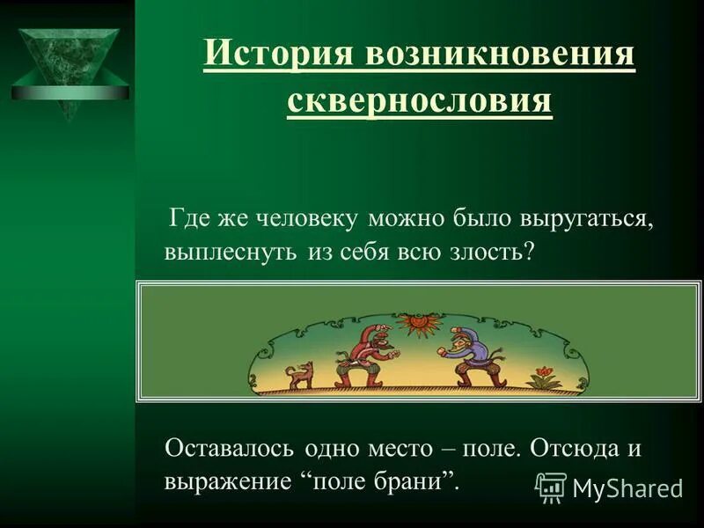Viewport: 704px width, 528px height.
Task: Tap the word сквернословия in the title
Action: pyautogui.click(x=420, y=101)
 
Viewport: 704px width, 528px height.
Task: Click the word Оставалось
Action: pyautogui.click(x=231, y=448)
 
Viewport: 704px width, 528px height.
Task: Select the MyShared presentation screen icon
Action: pyautogui.click(x=551, y=487)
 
